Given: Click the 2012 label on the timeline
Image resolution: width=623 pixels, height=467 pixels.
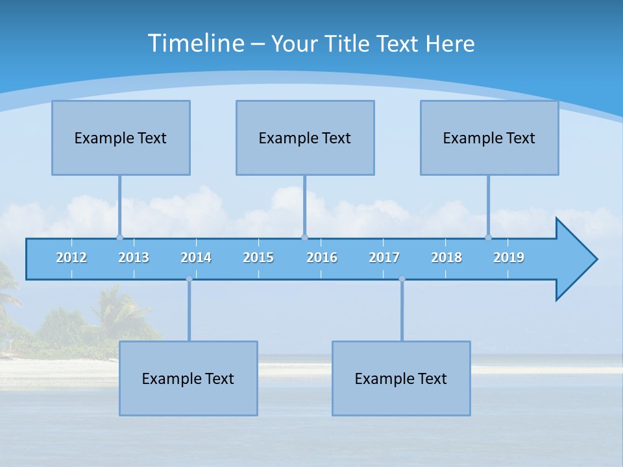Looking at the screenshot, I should click(71, 257).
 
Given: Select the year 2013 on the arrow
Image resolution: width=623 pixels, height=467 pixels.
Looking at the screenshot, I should click(134, 257).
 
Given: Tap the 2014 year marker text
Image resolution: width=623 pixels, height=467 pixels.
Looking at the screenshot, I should click(196, 257).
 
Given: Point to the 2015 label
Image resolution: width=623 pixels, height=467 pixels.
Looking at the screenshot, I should click(258, 257).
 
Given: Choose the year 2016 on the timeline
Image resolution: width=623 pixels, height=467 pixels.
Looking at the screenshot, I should click(322, 257).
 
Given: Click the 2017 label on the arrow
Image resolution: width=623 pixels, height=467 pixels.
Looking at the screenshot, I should click(384, 257).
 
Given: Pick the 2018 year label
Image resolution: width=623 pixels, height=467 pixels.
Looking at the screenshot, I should click(446, 257).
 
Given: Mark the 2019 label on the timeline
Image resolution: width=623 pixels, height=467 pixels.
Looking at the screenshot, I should click(509, 257).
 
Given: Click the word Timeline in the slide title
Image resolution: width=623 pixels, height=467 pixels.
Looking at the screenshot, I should click(196, 43).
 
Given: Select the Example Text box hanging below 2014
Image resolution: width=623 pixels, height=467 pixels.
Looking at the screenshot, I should click(188, 378).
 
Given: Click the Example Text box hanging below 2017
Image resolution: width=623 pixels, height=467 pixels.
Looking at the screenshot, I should click(401, 378).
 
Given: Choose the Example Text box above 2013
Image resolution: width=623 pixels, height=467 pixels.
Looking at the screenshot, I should click(121, 138).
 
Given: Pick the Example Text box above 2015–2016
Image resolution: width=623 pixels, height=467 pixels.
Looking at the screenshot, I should click(305, 138).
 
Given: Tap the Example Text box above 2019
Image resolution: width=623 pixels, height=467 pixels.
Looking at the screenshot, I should click(489, 138).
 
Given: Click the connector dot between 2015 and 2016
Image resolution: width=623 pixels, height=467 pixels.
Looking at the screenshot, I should click(305, 237).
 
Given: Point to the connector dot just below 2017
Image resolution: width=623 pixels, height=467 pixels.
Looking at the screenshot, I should click(402, 279).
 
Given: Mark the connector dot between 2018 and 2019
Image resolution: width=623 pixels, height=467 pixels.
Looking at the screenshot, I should click(488, 237).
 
